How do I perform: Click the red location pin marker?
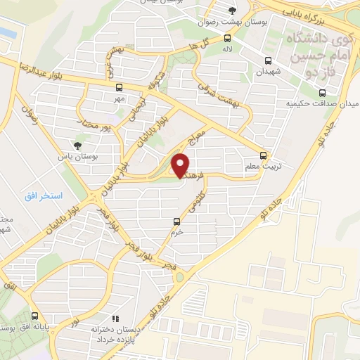(181, 165)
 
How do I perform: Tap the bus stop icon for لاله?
(227, 38)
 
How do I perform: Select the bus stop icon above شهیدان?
(268, 60)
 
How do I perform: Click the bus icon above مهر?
(118, 88)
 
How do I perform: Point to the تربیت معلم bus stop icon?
(263, 155)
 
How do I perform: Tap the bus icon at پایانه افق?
(35, 316)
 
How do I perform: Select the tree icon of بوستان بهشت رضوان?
(232, 9)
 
